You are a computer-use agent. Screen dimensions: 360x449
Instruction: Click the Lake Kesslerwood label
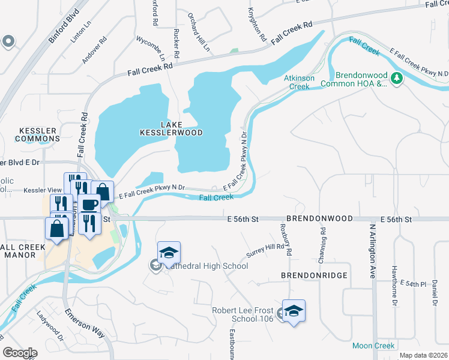(x=171, y=128)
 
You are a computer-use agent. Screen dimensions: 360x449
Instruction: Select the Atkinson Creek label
(x=297, y=82)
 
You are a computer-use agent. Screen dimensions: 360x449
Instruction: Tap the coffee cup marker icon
(x=90, y=204)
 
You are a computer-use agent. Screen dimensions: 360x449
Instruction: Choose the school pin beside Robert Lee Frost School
(x=294, y=311)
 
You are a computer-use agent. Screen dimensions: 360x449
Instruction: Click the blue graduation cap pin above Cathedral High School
(x=169, y=252)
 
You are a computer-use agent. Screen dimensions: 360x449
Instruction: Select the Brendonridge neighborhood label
(x=306, y=275)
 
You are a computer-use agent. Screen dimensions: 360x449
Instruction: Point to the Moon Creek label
(x=373, y=346)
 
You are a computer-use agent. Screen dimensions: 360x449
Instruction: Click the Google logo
(x=20, y=352)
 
